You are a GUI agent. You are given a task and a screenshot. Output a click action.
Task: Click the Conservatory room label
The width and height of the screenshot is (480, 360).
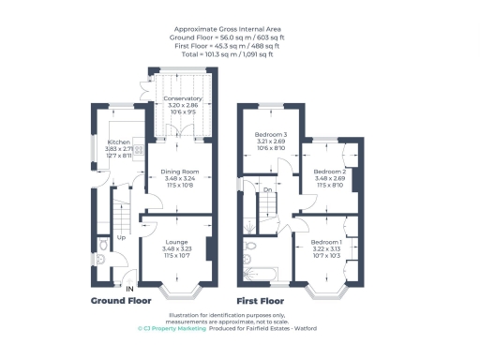click(183, 98)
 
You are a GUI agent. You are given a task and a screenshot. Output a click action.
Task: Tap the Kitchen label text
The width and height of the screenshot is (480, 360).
click(118, 142)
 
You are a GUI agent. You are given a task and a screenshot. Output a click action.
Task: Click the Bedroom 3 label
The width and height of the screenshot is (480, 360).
click(271, 136)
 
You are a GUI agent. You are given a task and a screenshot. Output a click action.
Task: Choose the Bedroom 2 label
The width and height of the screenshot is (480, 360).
click(330, 172)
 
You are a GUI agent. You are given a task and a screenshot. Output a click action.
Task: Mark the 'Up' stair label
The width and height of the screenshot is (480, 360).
click(121, 237)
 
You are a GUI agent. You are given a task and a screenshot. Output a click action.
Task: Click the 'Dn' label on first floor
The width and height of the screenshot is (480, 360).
click(267, 190)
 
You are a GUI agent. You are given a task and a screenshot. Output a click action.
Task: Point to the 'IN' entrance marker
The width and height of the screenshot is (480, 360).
click(130, 287)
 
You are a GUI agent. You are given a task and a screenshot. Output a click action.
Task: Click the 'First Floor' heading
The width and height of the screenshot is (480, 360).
click(260, 302)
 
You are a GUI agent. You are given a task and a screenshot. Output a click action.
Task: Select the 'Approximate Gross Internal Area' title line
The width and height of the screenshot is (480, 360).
click(239, 30)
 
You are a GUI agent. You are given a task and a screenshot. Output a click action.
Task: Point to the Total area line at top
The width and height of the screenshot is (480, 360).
click(239, 55)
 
